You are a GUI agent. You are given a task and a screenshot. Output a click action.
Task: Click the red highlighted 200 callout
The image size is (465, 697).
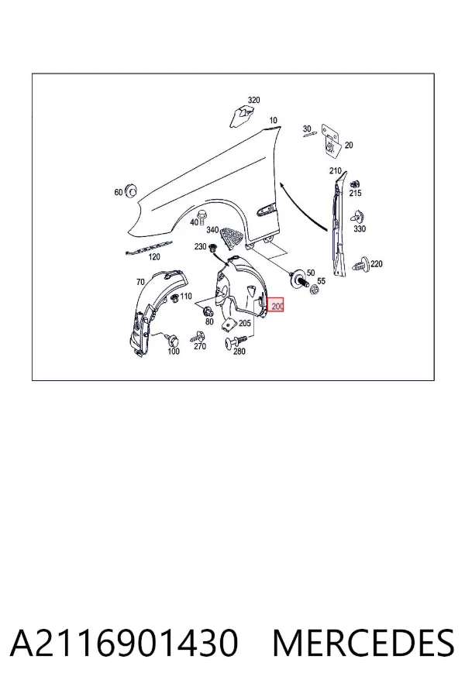click(x=277, y=305)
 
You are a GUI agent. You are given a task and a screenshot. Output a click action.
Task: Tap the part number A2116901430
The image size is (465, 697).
click(x=124, y=642)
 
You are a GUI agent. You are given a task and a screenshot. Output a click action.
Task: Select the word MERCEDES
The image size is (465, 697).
click(x=363, y=642)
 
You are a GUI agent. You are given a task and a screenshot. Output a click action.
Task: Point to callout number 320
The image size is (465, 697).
click(x=253, y=100)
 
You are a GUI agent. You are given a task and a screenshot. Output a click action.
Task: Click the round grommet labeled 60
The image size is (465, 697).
click(x=131, y=190)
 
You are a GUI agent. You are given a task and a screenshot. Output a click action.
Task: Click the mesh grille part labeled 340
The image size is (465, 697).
click(x=232, y=236)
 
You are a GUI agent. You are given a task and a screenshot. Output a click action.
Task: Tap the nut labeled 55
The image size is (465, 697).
click(x=314, y=289)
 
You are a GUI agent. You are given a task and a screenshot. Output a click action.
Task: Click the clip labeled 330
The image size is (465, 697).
click(x=358, y=217)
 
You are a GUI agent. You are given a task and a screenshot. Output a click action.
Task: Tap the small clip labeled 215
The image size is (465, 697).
click(x=355, y=184)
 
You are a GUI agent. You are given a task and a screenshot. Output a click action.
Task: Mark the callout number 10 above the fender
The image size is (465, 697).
click(x=274, y=120)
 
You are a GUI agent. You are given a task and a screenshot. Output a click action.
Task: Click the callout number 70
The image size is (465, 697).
click(x=140, y=282)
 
